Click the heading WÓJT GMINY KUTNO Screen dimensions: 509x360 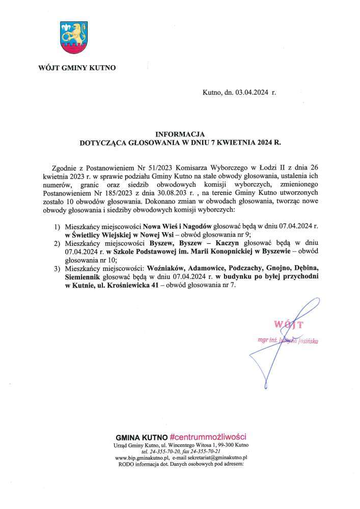pos(77,67)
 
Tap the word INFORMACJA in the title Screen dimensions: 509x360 pos(179,134)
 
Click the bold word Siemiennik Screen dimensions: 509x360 pos(84,277)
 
